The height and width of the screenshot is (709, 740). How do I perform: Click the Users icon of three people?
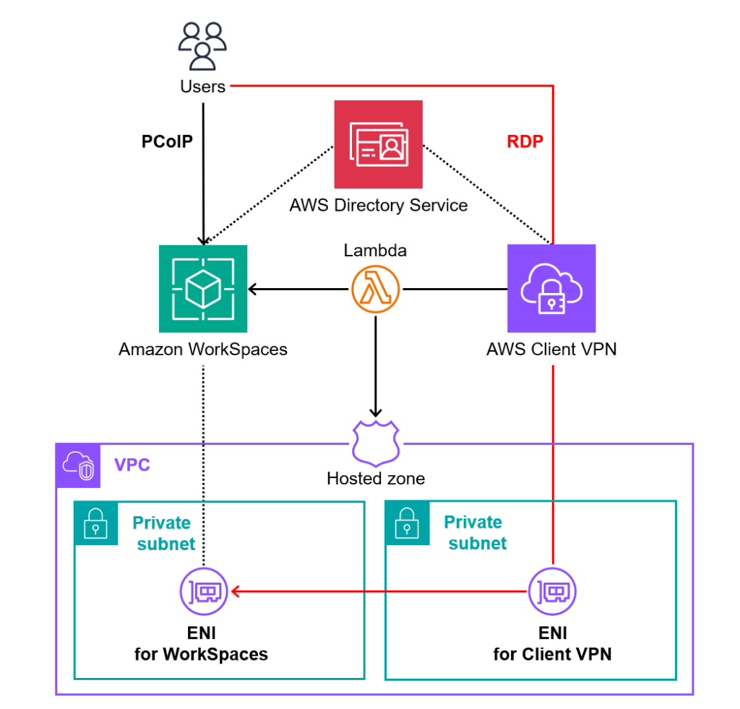[203, 46]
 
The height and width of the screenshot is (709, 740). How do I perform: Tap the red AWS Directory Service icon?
[378, 144]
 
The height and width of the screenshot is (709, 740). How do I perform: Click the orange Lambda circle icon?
[376, 290]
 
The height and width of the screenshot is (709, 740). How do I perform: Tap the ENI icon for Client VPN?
[552, 591]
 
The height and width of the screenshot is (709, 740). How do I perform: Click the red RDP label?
[525, 142]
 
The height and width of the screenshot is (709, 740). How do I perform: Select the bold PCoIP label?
[167, 142]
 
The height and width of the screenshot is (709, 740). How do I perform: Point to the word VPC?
[132, 465]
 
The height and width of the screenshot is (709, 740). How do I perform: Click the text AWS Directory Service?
[378, 206]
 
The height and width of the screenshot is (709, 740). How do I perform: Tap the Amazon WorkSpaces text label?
[202, 350]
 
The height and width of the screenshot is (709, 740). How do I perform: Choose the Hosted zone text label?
[375, 478]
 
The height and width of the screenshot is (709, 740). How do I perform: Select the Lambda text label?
[375, 251]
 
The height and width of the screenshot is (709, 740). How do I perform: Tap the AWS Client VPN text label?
[551, 350]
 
